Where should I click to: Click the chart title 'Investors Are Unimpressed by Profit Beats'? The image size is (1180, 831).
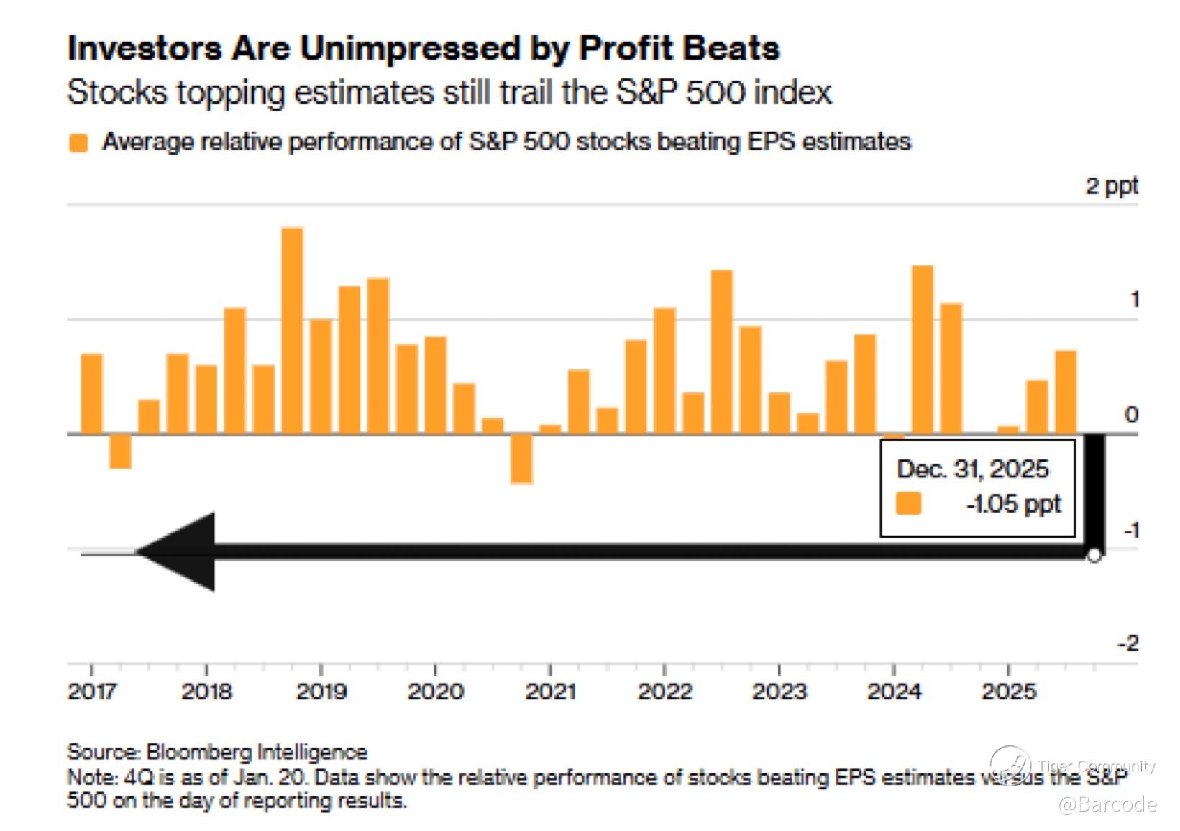(423, 49)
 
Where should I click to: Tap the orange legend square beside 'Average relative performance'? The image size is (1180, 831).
(78, 142)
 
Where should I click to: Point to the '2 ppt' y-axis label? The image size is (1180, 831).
(1111, 186)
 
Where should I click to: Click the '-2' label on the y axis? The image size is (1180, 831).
(1128, 643)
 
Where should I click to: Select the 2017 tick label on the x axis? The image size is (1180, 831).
(91, 692)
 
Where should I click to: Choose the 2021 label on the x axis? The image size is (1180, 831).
(550, 692)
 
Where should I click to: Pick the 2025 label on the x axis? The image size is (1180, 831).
(1008, 692)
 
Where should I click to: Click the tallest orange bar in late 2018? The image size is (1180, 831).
(292, 331)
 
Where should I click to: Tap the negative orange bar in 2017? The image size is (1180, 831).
(120, 451)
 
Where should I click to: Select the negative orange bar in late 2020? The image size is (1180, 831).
(521, 459)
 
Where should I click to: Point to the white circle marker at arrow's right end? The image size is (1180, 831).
(1094, 556)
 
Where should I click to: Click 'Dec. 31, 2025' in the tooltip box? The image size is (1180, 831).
(972, 469)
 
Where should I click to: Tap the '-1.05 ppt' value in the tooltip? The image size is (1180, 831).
(1013, 504)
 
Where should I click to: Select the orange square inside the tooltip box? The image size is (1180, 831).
(908, 504)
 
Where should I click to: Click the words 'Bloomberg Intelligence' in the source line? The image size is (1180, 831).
(257, 752)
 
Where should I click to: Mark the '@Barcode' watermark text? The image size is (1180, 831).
(1107, 804)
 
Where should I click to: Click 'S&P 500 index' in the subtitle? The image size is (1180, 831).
(723, 93)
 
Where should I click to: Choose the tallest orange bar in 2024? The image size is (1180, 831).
(923, 350)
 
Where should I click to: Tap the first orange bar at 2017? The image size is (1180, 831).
(91, 394)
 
